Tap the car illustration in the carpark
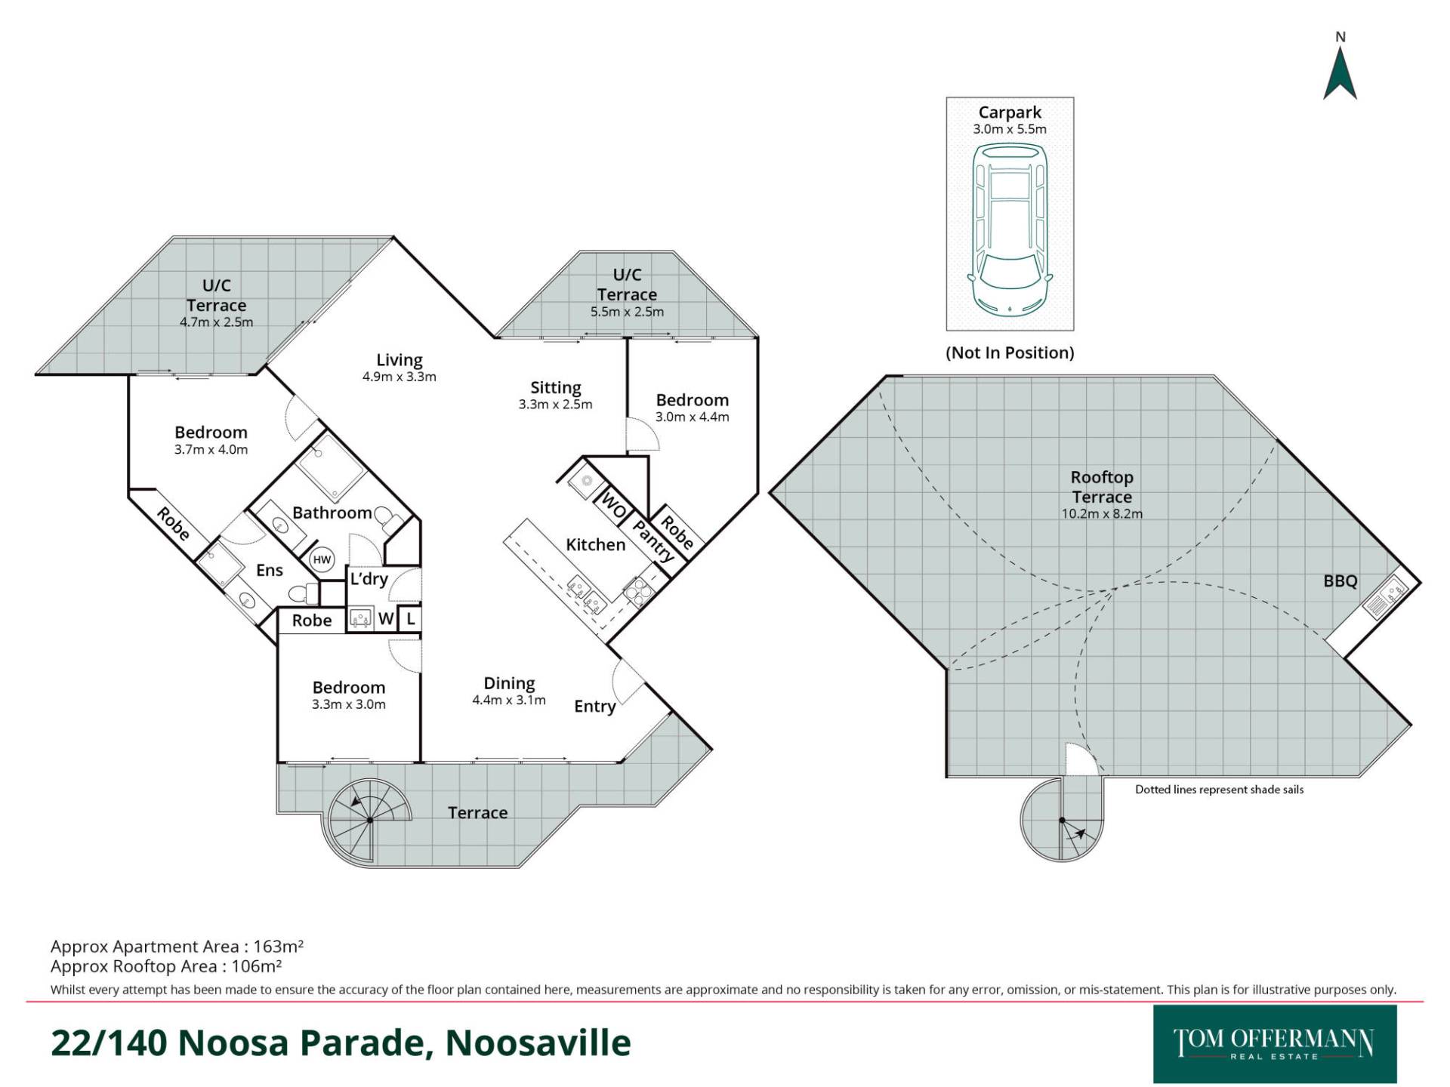tap(1010, 229)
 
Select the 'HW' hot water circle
tap(322, 559)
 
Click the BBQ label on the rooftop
tap(1340, 581)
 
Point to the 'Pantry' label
tap(653, 540)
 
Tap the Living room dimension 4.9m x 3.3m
tap(400, 377)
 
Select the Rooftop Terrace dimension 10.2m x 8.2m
tap(1102, 514)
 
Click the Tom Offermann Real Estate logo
tap(1275, 1044)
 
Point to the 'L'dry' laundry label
tap(369, 579)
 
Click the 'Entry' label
tap(595, 707)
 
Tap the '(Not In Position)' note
tap(1010, 353)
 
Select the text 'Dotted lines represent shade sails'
tap(1220, 790)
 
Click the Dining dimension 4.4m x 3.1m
tap(509, 700)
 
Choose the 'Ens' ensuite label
tap(270, 571)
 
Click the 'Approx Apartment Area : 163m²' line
tap(177, 947)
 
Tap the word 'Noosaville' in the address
tap(538, 1043)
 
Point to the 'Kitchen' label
tap(596, 545)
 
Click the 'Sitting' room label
tap(556, 388)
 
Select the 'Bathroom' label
tap(332, 513)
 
